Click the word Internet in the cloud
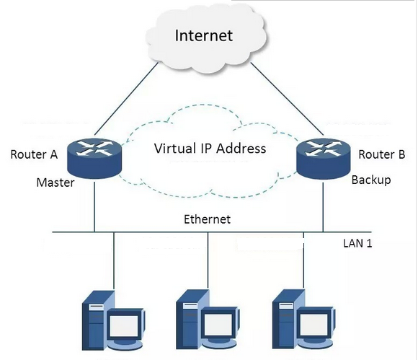point(204,35)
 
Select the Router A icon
point(94,159)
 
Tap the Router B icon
point(324,159)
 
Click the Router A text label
point(34,154)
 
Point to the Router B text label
point(382,154)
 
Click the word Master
point(55,183)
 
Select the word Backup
point(371,180)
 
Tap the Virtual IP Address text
point(210,149)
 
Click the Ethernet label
point(207,219)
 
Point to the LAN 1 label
point(357,243)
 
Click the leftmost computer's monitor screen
point(124,326)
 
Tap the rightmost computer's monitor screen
point(313,324)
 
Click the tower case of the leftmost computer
point(97,320)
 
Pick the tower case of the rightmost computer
point(288,319)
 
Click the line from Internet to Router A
point(126,99)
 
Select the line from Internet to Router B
point(288,99)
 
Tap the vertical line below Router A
point(94,207)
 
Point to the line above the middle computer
point(208,260)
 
